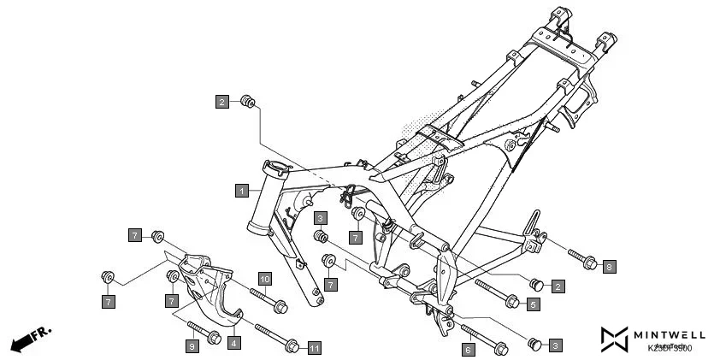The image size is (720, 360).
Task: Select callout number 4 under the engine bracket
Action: pos(233,342)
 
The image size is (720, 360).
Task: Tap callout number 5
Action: pos(533,304)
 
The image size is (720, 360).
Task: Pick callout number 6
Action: pos(468,349)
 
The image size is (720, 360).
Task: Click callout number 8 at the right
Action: pos(609,267)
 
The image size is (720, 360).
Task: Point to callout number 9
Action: pos(192,345)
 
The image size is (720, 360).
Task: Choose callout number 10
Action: pos(265,280)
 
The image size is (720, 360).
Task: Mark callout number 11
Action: pos(314,348)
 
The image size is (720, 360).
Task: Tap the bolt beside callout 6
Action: pos(484,338)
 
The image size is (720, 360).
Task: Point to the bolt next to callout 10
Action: pos(267,299)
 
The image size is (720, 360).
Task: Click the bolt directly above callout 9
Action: pos(202,329)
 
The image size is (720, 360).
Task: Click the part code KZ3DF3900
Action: pos(670,348)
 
